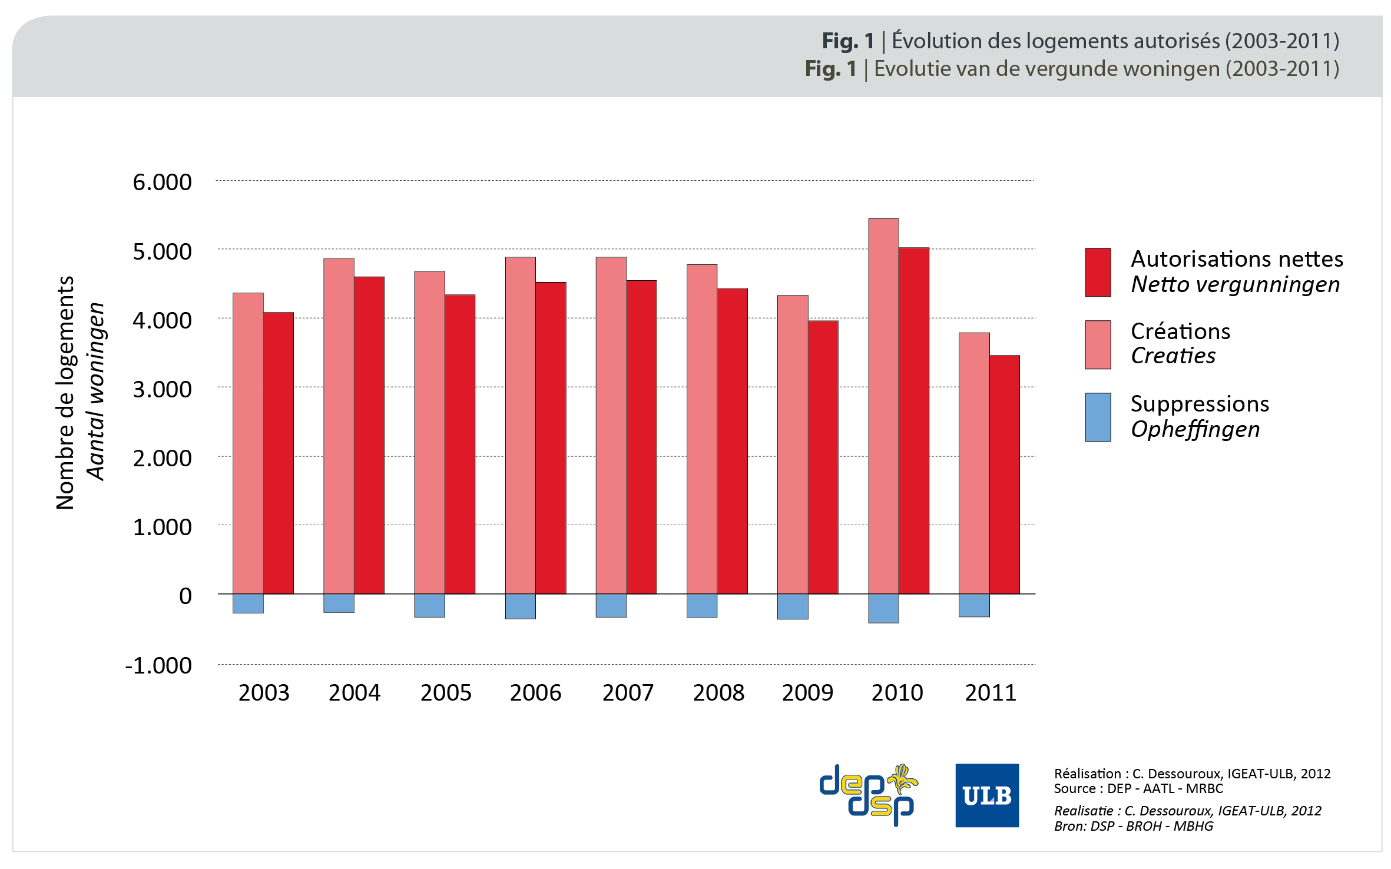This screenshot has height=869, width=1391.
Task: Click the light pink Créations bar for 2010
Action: click(x=883, y=406)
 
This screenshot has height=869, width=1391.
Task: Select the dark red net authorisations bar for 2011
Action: click(x=1004, y=474)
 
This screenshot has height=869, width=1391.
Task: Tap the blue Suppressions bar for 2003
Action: click(x=248, y=603)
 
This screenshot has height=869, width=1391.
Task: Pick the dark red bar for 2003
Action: click(x=278, y=453)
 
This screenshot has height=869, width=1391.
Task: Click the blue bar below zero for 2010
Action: click(x=883, y=608)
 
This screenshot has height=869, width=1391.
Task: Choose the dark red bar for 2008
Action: click(x=732, y=441)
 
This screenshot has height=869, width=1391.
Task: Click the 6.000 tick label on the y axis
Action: click(x=162, y=182)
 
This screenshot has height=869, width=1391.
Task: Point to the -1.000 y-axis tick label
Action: click(x=158, y=665)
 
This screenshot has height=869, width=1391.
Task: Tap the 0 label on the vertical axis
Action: click(x=185, y=596)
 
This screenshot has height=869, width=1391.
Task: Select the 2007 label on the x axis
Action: click(x=628, y=692)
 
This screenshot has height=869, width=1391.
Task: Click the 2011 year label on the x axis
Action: click(x=991, y=692)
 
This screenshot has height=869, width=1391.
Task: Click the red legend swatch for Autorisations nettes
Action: click(x=1098, y=272)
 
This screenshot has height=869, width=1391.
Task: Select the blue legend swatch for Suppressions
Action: click(x=1098, y=417)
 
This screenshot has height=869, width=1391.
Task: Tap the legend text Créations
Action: click(x=1180, y=331)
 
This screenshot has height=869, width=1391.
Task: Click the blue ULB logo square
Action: click(x=987, y=795)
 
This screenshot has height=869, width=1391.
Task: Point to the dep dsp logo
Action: click(x=868, y=795)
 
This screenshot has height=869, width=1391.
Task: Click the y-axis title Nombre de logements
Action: click(x=65, y=393)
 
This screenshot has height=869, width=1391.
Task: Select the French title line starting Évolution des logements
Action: click(x=1080, y=41)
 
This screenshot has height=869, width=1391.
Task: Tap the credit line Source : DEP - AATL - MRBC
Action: click(x=1138, y=788)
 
